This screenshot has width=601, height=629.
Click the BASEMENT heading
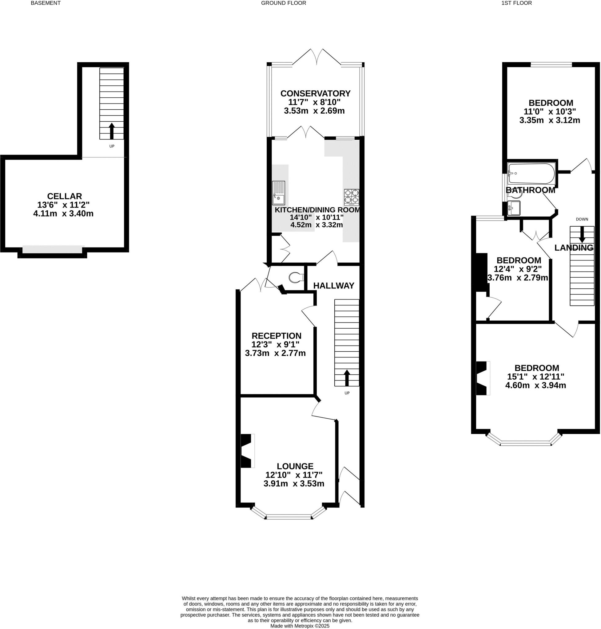point(46,3)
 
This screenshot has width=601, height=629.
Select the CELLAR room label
point(64,196)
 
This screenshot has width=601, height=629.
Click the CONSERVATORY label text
point(315,93)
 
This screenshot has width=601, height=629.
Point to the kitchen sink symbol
point(278,193)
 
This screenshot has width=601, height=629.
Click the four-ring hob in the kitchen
point(352,197)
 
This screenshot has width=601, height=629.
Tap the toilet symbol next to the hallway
point(296,278)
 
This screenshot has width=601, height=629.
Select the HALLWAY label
point(333,286)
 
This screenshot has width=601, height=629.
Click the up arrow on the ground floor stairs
point(347,378)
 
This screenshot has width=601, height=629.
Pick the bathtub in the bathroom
point(531,174)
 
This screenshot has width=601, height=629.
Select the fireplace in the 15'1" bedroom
point(483,378)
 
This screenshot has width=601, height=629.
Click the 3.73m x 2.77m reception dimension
point(275,353)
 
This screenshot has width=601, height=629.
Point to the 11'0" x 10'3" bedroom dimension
point(550,112)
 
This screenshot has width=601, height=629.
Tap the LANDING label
point(573,248)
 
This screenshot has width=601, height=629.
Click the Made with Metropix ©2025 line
point(300,626)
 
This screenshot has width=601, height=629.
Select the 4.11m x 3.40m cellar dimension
point(63,213)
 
